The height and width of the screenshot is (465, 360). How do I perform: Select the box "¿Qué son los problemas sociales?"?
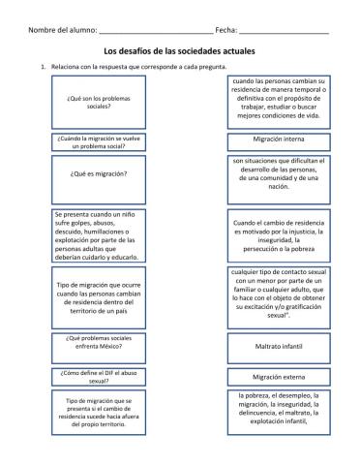point(98,104)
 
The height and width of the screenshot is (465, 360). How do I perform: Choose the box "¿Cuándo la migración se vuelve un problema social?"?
point(98,143)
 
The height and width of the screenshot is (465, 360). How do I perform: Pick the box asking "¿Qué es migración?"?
point(98,174)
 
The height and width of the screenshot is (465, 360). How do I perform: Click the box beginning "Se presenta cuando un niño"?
point(98,235)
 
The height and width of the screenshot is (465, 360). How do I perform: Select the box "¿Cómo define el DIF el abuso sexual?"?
point(98,376)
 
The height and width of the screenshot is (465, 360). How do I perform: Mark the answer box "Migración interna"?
point(278,139)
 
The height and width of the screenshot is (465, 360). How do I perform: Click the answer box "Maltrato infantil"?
point(278,343)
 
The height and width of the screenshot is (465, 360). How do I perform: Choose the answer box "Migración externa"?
point(278,377)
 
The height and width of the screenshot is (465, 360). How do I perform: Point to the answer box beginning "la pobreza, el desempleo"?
point(278,412)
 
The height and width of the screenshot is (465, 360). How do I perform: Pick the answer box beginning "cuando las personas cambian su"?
point(278,103)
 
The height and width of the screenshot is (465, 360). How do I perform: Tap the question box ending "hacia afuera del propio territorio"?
point(98,413)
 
